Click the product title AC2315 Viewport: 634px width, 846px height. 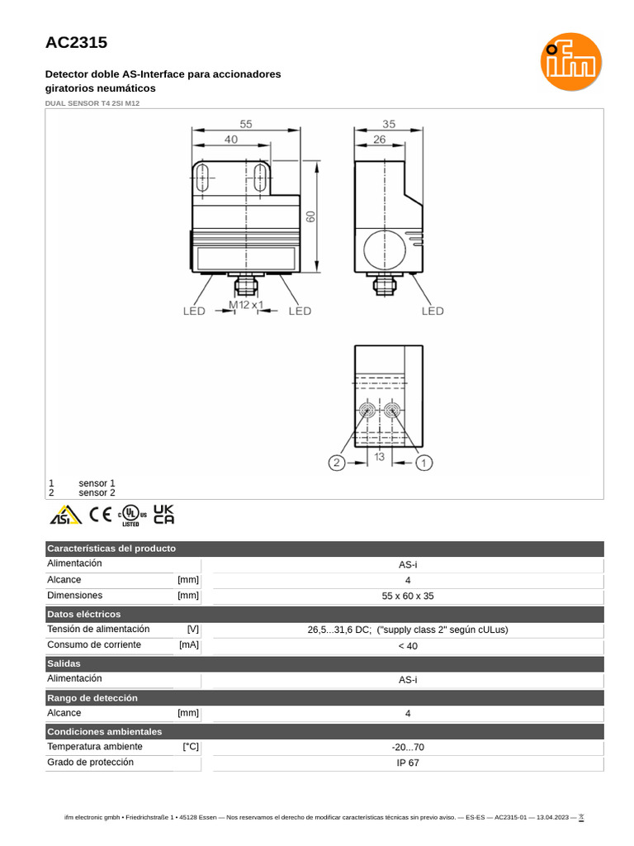tap(76, 42)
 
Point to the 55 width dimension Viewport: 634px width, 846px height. tap(246, 123)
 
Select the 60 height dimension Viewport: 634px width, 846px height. tap(311, 216)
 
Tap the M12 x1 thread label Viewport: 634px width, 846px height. tap(246, 305)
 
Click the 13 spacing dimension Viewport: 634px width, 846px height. tap(380, 457)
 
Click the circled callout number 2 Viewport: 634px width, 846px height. tap(336, 463)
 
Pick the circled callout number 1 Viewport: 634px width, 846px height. tap(423, 463)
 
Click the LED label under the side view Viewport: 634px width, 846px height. tap(433, 311)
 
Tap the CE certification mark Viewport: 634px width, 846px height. tap(101, 514)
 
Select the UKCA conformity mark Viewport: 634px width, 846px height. tap(164, 514)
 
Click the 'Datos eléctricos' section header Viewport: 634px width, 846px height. tap(84, 614)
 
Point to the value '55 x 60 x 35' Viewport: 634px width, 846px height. tap(408, 596)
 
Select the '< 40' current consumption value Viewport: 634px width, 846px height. tap(408, 645)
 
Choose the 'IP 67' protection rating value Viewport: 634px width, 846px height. tap(408, 763)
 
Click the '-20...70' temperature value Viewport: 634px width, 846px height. tap(408, 747)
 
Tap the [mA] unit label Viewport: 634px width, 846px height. tap(188, 644)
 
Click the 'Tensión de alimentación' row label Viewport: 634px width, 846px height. tap(98, 629)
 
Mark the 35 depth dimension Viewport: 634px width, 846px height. tap(389, 123)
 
